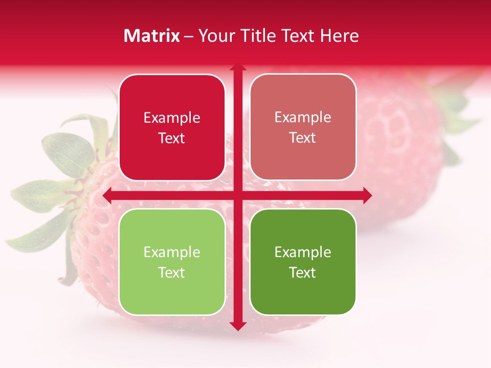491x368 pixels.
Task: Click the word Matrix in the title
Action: [x=152, y=36]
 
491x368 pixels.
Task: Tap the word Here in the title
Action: [x=339, y=36]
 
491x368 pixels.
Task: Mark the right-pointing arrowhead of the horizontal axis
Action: [x=367, y=195]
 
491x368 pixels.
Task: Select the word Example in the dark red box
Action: [x=172, y=118]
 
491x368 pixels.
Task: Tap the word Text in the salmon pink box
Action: [x=303, y=138]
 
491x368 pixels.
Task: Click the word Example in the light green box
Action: [x=172, y=252]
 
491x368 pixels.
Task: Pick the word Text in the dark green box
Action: [x=303, y=273]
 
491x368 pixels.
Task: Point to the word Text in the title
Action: [x=299, y=36]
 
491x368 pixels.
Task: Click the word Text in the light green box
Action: [x=172, y=273]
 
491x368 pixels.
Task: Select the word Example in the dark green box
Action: [x=303, y=252]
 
